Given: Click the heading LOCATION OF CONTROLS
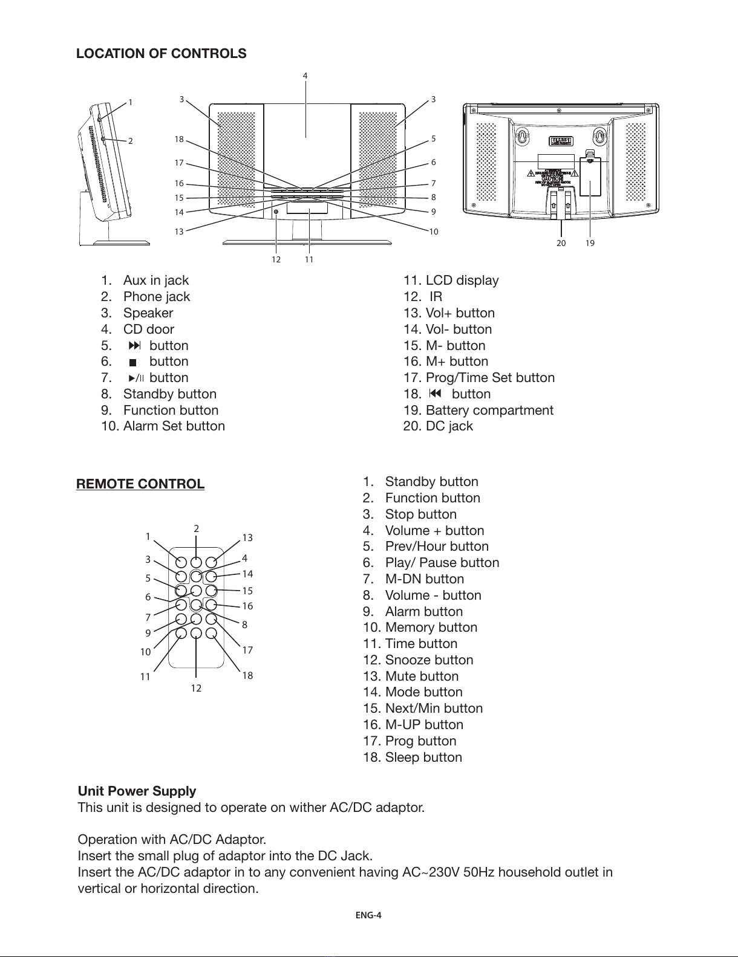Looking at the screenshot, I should click(x=161, y=53).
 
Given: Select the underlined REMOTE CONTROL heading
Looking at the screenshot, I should click(x=140, y=484).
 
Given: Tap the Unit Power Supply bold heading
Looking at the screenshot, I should click(x=137, y=791).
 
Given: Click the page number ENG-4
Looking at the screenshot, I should click(x=368, y=915).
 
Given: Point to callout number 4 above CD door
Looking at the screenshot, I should click(x=305, y=76).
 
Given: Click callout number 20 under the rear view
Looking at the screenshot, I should click(x=561, y=243).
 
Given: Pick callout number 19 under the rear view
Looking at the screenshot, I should click(x=590, y=243).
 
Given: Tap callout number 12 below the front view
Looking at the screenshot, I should click(x=276, y=259).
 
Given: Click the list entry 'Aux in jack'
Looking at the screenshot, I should click(x=155, y=281).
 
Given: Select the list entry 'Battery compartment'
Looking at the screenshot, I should click(x=489, y=410).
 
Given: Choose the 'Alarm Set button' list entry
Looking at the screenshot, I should click(x=174, y=426).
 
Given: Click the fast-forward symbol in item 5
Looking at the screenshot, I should click(x=135, y=346).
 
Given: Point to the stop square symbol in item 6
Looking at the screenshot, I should click(x=132, y=362).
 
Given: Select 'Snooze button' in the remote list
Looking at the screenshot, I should click(x=428, y=660).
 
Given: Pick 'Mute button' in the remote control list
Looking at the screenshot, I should click(x=421, y=676).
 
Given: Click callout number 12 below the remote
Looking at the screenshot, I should click(x=196, y=688).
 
